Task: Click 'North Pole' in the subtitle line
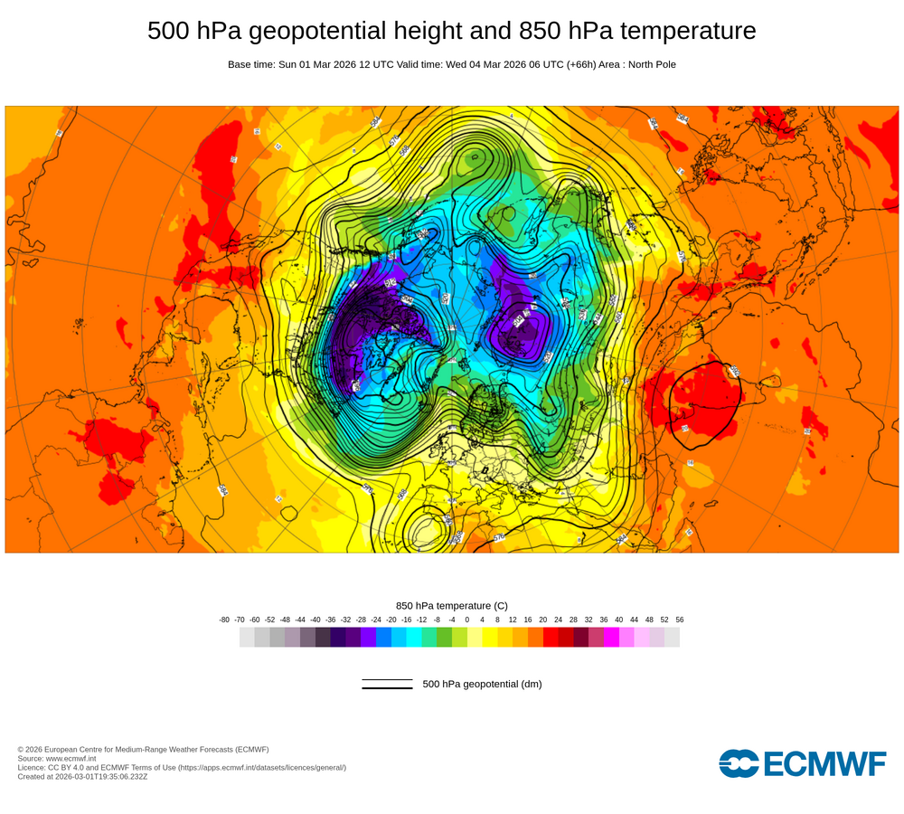point(647,64)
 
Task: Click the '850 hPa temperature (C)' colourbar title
point(452,605)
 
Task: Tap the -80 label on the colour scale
point(224,620)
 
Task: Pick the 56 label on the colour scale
point(679,620)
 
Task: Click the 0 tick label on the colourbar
point(466,620)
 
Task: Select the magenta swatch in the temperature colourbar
point(611,637)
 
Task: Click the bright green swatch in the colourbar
point(444,637)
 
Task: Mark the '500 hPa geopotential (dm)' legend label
point(482,684)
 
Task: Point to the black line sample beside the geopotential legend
point(387,684)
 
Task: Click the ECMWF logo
point(803,763)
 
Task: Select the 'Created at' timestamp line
point(82,776)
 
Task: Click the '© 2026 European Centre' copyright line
point(143,749)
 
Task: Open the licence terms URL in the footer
point(261,767)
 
